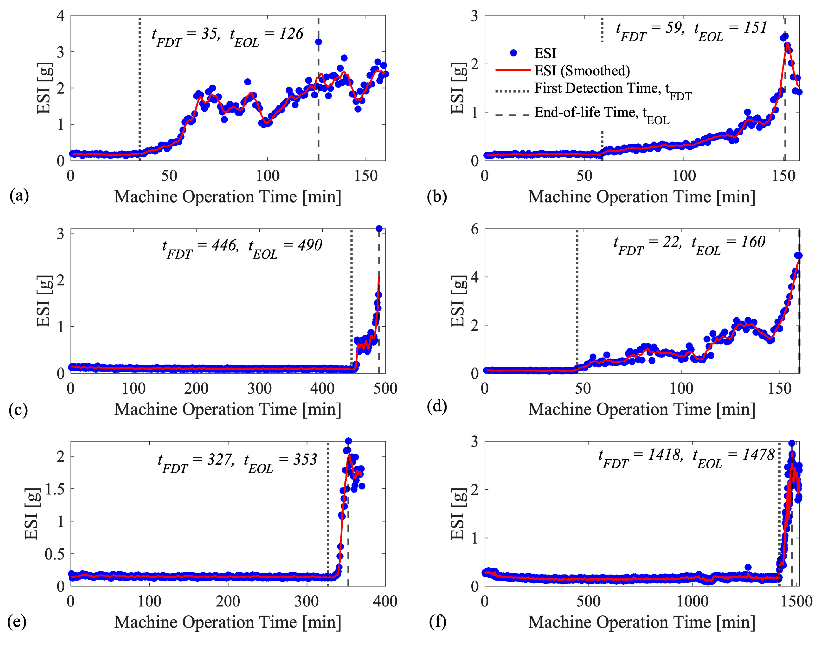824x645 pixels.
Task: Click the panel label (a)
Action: (x=19, y=196)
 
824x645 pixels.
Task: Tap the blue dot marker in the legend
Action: (x=513, y=53)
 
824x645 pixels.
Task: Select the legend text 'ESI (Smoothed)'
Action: (x=582, y=71)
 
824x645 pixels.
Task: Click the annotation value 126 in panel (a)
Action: (x=291, y=34)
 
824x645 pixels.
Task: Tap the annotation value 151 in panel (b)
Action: (x=755, y=28)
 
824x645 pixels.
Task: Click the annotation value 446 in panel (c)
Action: (x=225, y=245)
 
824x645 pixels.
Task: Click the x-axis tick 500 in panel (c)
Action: (x=385, y=389)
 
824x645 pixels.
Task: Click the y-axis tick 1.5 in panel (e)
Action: (x=55, y=489)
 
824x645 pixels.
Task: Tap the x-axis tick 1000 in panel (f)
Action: (x=693, y=601)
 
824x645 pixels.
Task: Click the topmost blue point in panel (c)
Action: (x=379, y=229)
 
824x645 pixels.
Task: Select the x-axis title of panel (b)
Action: (x=642, y=197)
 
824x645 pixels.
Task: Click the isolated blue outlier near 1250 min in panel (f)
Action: (x=748, y=567)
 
